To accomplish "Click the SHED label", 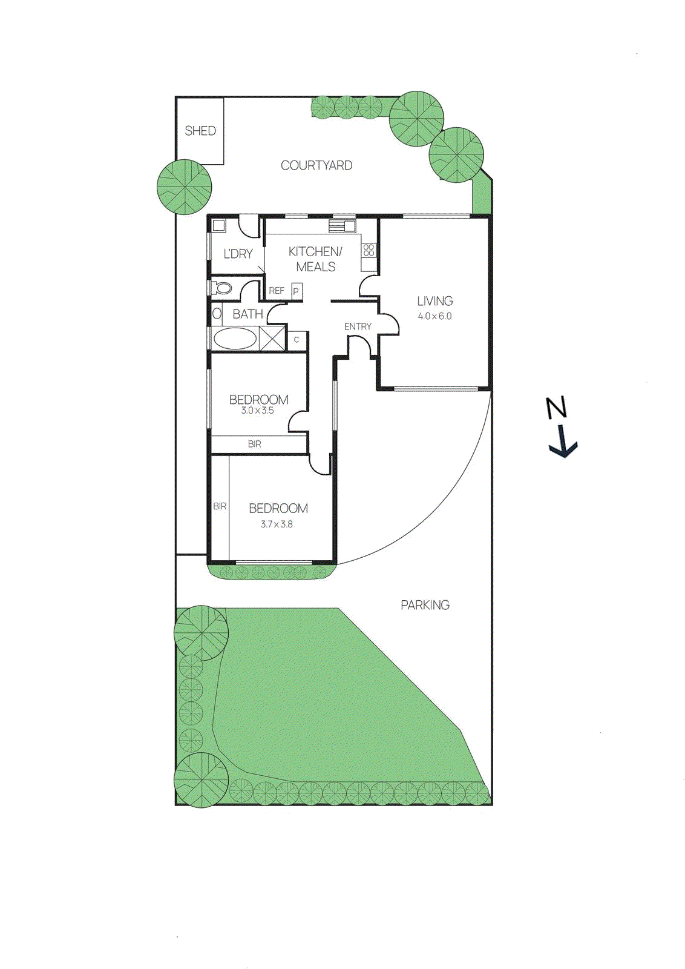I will coord(200,131).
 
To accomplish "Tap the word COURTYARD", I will coord(316,165).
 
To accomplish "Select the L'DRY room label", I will coord(238,254).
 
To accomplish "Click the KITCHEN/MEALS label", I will coord(315,259).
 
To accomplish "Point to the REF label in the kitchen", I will coord(277,291).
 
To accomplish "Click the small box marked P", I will coord(296,291).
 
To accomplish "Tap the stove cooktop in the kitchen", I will coord(369,250).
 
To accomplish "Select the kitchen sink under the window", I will coord(342,227).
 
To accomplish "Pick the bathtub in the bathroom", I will coord(235,339).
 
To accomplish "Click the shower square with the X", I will coord(272,338).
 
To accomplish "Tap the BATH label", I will coord(247,314).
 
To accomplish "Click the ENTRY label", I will coord(358,326).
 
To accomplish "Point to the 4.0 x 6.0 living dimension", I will coord(434,316).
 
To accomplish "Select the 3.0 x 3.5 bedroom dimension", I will coord(258,411).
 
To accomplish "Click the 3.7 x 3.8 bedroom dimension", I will coord(277,524).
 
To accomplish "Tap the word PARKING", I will coord(425,605).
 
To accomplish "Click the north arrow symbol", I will coord(561,427).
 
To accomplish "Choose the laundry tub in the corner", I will coord(218,226).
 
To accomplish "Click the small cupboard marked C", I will coord(297,340).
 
